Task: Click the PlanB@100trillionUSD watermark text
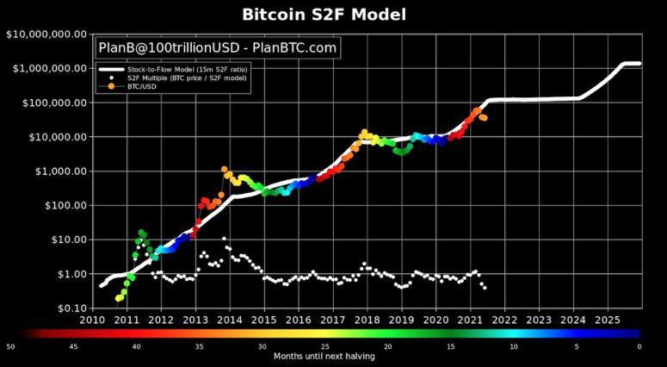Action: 218,47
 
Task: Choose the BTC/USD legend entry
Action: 141,85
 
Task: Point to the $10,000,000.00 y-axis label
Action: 46,34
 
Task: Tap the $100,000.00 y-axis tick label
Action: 51,103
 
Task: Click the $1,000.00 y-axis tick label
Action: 55,171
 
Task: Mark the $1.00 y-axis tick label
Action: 65,274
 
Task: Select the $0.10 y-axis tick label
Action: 65,308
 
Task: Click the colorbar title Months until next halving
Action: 324,355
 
